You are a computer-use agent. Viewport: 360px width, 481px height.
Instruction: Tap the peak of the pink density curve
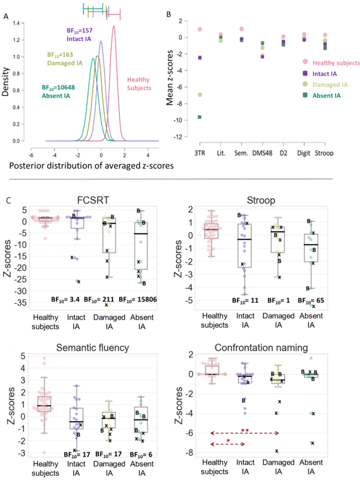point(114,26)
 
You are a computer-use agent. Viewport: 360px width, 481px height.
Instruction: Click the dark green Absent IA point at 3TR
point(200,117)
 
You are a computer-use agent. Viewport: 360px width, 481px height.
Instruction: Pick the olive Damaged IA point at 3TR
point(200,95)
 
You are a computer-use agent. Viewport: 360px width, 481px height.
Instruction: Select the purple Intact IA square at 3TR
point(200,57)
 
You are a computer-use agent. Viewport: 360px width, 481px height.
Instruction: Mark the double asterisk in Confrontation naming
point(244,431)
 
